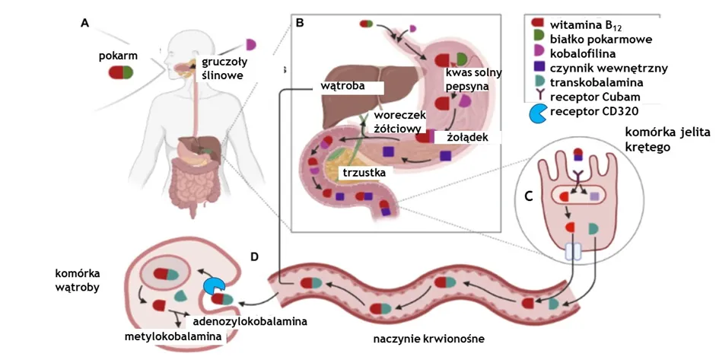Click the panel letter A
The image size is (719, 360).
click(x=85, y=24)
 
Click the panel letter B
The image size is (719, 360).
click(x=300, y=24)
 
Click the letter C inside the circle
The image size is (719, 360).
click(x=528, y=196)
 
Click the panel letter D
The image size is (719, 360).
click(x=255, y=256)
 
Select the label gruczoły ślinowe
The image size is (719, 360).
click(x=222, y=68)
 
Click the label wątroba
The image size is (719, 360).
click(x=343, y=86)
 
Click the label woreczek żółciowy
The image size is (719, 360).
click(x=398, y=122)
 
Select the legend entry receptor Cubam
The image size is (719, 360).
click(x=594, y=97)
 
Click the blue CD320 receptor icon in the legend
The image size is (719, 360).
click(x=536, y=113)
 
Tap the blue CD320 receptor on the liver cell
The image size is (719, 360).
click(x=214, y=285)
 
